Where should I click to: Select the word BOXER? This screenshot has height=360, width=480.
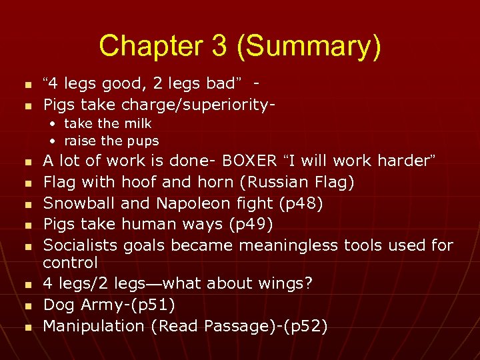pyautogui.click(x=250, y=161)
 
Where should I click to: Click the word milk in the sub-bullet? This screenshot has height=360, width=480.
pyautogui.click(x=137, y=123)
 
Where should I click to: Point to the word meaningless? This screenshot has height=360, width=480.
pyautogui.click(x=288, y=245)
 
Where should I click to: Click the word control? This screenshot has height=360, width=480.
pyautogui.click(x=70, y=263)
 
